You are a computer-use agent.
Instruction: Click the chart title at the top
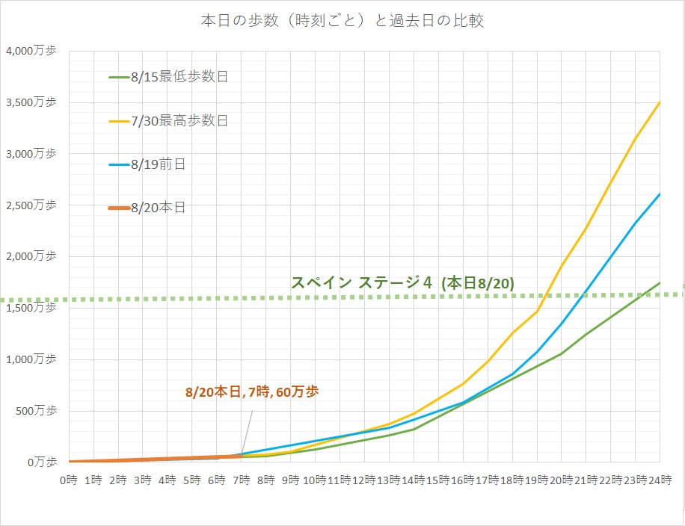click(342, 21)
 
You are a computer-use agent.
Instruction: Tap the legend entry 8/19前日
click(157, 164)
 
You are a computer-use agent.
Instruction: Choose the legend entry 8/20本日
click(157, 208)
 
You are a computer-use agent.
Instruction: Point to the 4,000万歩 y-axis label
click(30, 52)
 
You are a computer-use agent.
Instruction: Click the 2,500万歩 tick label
click(30, 205)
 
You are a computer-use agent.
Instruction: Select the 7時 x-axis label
click(241, 480)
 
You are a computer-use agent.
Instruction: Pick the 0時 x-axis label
click(69, 480)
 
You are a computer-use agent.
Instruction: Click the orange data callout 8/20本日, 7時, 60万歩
click(252, 392)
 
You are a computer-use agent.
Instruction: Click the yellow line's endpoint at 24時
click(660, 102)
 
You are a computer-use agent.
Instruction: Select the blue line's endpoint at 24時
click(660, 194)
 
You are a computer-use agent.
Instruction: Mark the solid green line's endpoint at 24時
click(660, 282)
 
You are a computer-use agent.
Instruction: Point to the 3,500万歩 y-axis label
click(30, 103)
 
